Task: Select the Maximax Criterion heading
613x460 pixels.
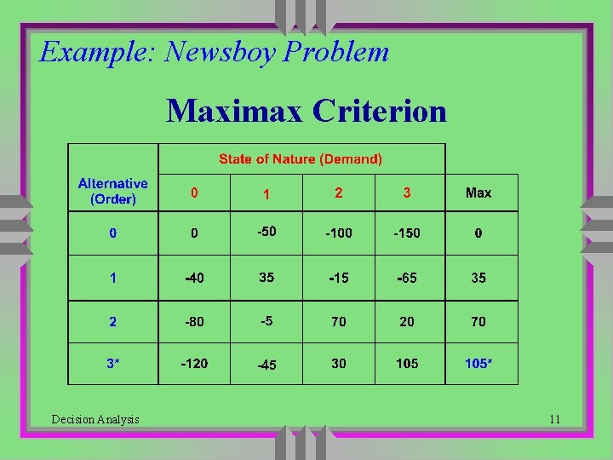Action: tap(306, 111)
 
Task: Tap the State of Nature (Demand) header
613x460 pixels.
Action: tap(301, 158)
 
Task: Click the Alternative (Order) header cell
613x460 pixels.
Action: tap(112, 193)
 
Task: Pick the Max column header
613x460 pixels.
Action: tap(478, 193)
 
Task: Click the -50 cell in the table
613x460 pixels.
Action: tap(266, 232)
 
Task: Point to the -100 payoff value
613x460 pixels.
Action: tap(338, 233)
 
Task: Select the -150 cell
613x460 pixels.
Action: tap(406, 233)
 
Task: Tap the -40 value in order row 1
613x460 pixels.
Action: tap(194, 278)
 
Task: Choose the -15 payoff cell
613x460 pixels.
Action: tap(338, 278)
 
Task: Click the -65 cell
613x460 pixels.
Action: tap(406, 278)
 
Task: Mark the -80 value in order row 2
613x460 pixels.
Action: tap(194, 322)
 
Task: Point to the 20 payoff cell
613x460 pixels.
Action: tap(407, 322)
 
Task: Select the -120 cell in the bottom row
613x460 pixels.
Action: tap(194, 364)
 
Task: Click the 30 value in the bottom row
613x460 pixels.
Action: tap(339, 364)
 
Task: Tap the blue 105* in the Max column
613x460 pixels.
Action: tap(478, 364)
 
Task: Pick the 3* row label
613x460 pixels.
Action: tap(112, 364)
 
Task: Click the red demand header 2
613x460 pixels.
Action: tap(339, 193)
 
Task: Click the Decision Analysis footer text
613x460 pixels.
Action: tap(95, 419)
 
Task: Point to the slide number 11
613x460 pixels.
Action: tap(555, 419)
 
